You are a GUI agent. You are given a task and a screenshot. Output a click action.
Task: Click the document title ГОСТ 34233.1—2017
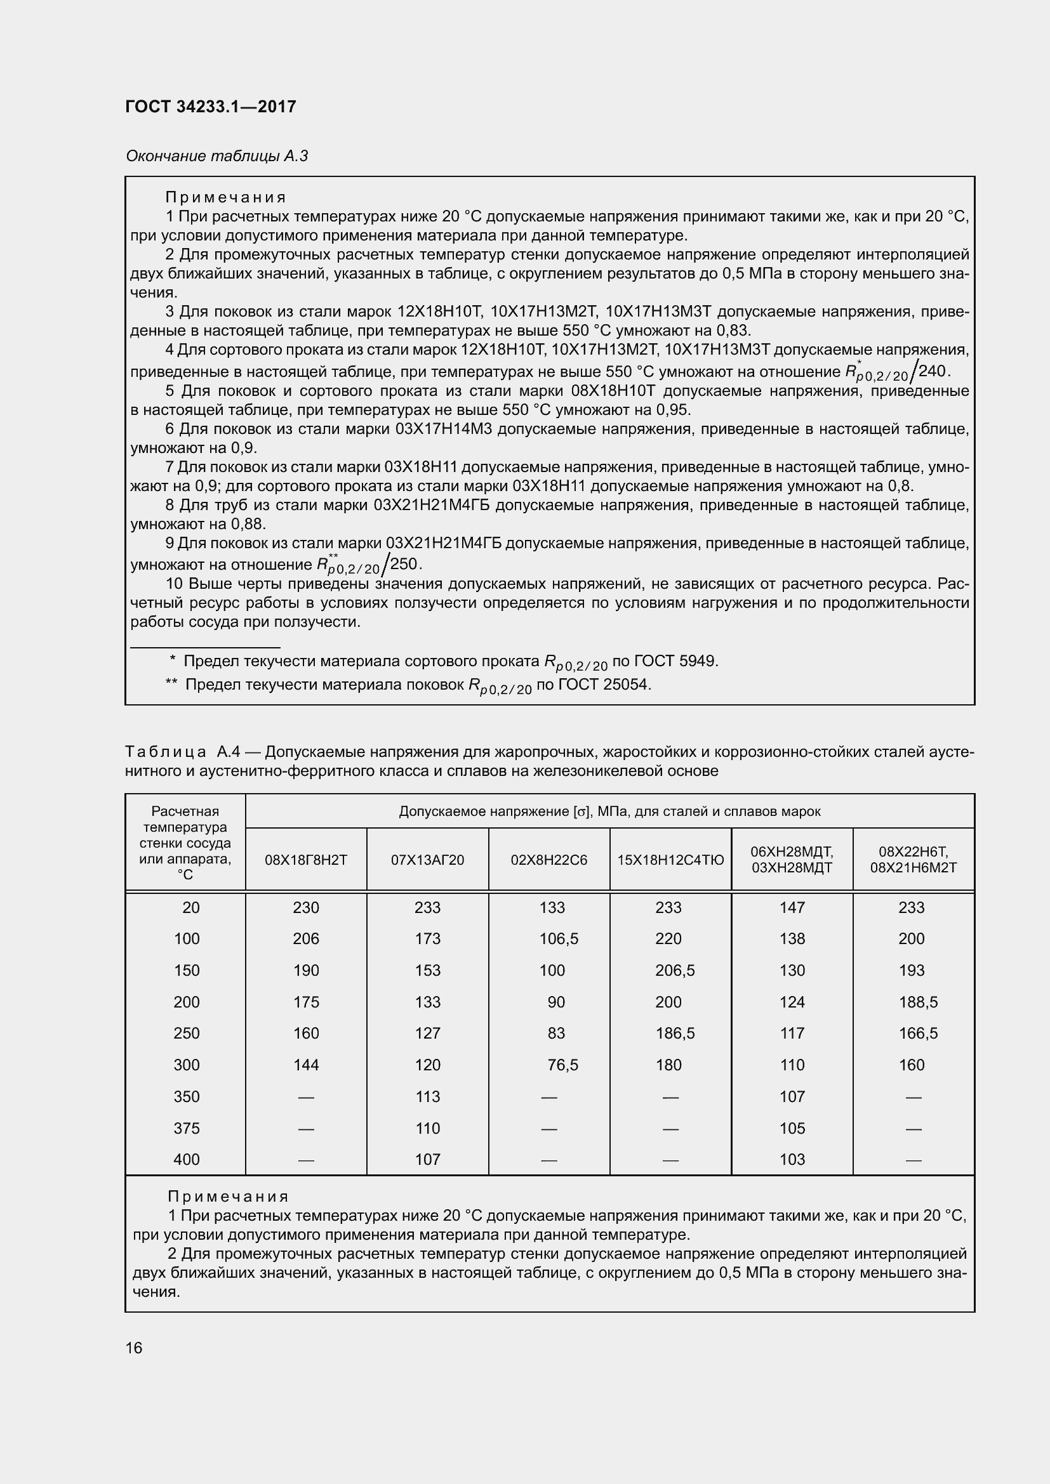tap(211, 107)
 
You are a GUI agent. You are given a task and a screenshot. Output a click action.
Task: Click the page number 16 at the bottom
tap(134, 1348)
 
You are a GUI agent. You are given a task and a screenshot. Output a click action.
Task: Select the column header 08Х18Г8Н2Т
tap(306, 860)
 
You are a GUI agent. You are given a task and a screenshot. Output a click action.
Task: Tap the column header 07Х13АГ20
tap(427, 860)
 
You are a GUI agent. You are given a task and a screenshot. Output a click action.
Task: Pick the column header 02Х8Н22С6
tap(549, 860)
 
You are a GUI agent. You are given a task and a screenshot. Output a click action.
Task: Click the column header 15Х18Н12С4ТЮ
tap(670, 860)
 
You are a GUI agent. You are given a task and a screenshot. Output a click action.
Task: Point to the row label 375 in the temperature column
tap(186, 1128)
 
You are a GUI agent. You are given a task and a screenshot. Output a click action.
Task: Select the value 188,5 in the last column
tap(918, 1002)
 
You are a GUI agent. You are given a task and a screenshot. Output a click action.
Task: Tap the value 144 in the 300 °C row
tap(306, 1065)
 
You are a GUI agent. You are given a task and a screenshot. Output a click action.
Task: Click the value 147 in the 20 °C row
tap(792, 907)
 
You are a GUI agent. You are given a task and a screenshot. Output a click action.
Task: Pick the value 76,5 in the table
tap(562, 1065)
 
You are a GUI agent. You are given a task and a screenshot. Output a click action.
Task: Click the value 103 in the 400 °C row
tap(792, 1159)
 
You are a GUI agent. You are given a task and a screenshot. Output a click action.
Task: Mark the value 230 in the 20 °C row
tap(306, 907)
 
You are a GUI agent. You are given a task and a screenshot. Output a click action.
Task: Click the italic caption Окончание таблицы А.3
tap(216, 156)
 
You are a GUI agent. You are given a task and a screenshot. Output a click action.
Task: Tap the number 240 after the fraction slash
tap(932, 371)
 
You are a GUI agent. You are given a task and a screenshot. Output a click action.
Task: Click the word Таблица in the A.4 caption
tap(166, 752)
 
